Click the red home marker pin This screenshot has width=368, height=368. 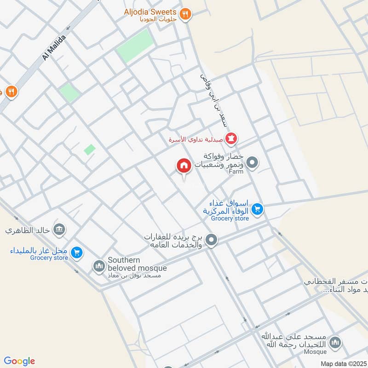pos(184,166)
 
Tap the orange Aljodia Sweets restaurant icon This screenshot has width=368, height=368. pos(185,14)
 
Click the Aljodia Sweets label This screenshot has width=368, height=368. pos(150,11)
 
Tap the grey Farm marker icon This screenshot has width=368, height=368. pos(252,162)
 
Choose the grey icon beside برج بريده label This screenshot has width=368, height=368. pos(211,240)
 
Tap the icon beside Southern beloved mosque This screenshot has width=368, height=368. pos(99,266)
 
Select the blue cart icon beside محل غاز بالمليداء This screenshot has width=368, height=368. pos(77,252)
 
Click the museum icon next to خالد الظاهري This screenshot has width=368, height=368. pos(59,229)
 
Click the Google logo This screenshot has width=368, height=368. pos(19,361)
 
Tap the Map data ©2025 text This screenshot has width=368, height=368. pos(343,363)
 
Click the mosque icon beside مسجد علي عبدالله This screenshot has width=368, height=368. pos(336,342)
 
